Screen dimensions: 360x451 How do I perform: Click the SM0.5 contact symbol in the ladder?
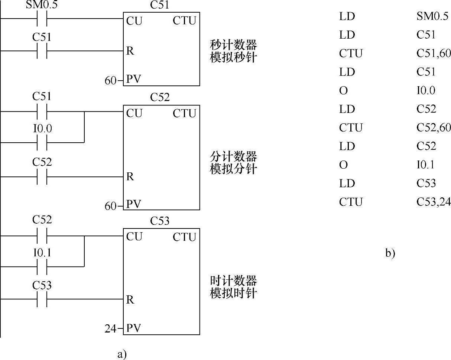tap(42, 18)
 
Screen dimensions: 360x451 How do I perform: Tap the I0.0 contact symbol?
tap(42, 142)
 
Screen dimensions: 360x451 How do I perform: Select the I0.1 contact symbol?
tap(42, 266)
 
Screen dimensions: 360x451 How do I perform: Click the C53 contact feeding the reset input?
tap(42, 299)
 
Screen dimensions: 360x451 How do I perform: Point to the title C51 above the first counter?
tap(160, 5)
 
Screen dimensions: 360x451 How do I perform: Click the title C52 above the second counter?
tap(160, 97)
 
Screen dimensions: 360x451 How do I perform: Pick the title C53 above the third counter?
tap(160, 221)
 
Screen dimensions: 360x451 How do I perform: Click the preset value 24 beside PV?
tap(110, 328)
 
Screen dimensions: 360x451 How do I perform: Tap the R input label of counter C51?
tap(130, 51)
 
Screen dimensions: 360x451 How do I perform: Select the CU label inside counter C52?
tap(134, 113)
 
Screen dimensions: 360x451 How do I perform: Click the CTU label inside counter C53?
tap(184, 237)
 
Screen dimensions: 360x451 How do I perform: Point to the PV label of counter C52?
tap(134, 205)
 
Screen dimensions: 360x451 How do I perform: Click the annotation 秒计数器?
tap(233, 45)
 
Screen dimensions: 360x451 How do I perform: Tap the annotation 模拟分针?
tap(233, 169)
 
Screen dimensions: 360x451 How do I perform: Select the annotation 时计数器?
tap(233, 280)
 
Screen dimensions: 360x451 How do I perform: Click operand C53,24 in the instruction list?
tap(434, 202)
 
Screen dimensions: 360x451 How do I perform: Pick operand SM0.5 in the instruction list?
tap(432, 16)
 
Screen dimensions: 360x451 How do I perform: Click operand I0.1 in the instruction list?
tap(425, 165)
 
